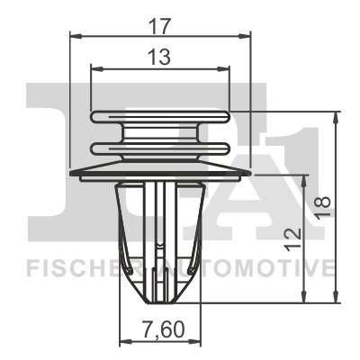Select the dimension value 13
[x=160, y=58]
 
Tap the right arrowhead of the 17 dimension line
[x=245, y=36]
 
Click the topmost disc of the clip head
[x=160, y=116]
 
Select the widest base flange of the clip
[x=160, y=171]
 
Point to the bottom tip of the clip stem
[x=160, y=300]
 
